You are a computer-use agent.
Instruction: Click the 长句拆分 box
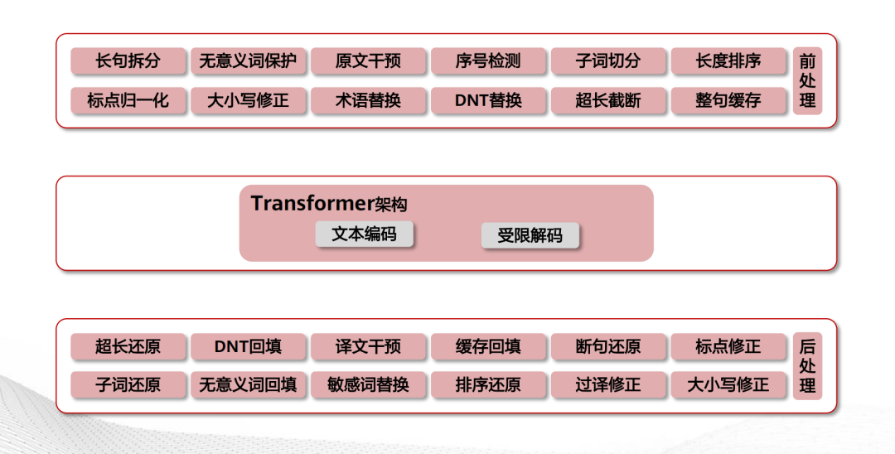click(128, 60)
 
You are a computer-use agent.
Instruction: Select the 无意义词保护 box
click(249, 60)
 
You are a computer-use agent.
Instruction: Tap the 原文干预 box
click(368, 60)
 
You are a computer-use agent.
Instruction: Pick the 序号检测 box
click(488, 60)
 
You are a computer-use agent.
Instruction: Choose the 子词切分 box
click(608, 60)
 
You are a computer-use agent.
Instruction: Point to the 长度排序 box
click(728, 60)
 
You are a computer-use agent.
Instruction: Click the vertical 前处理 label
click(807, 80)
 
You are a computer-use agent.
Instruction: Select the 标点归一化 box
click(128, 100)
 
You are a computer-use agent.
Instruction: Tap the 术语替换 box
click(368, 100)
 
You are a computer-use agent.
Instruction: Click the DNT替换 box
click(488, 100)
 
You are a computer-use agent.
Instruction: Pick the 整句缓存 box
click(728, 100)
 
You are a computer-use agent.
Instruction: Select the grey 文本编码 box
click(364, 234)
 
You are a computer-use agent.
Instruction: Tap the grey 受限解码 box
click(530, 236)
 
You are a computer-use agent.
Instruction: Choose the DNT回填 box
click(249, 346)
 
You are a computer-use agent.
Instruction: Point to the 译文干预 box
click(368, 346)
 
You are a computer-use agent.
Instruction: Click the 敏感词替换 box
click(368, 384)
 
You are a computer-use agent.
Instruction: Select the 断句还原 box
click(608, 346)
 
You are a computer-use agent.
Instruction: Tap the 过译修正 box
click(608, 384)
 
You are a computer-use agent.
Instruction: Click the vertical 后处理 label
click(807, 365)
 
